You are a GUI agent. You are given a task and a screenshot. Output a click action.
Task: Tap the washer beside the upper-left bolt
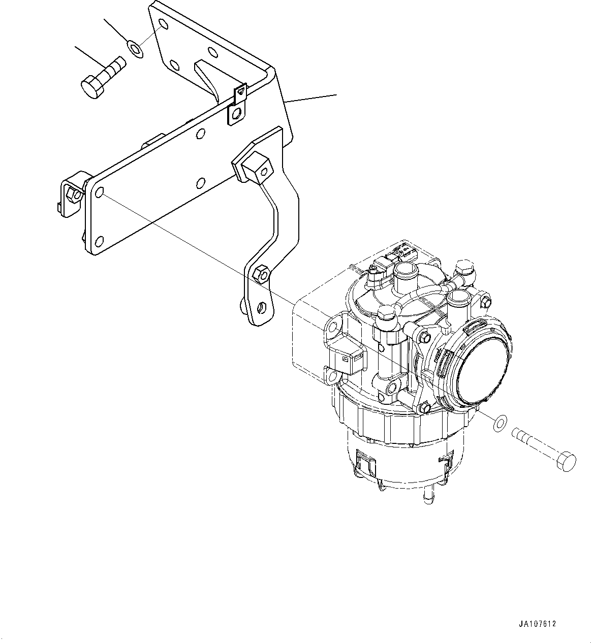[x=135, y=49]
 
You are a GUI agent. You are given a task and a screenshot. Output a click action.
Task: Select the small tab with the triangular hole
[x=240, y=92]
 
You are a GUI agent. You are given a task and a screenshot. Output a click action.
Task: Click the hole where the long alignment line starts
[x=100, y=192]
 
